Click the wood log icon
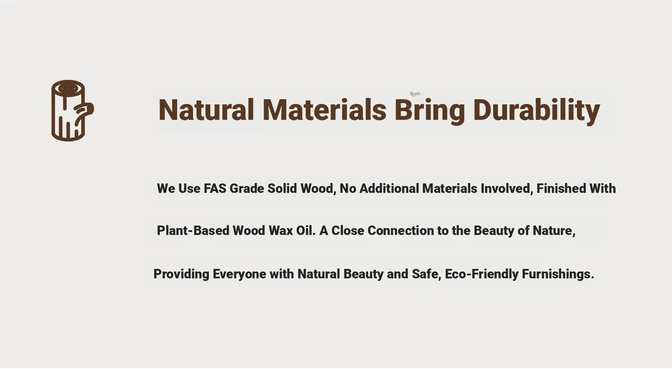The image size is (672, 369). pos(72,110)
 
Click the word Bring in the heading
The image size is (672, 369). pos(430,110)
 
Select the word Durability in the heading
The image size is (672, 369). pos(537,110)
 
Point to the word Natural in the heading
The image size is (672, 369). pos(206,110)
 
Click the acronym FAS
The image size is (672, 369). pos(215,189)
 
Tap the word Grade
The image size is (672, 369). pos(247,189)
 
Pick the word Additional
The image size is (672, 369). pos(389,189)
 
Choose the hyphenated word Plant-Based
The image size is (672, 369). pos(193,231)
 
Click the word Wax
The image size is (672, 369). pos(280,231)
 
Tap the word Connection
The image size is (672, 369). pos(401,231)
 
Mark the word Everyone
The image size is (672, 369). pos(239,274)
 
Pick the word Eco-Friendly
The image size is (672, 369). pos(482,274)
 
